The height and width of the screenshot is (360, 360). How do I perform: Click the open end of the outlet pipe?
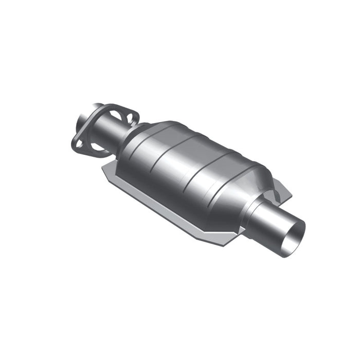[x=295, y=238]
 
